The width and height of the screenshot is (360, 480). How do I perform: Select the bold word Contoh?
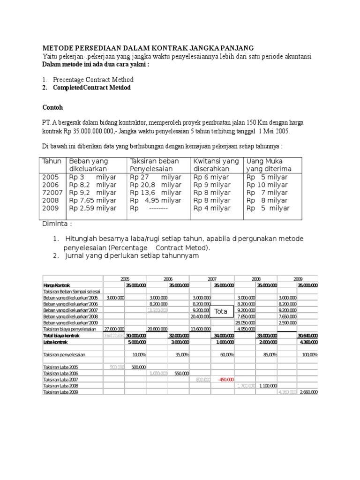[x=52, y=107]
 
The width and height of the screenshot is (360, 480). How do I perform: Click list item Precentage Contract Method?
[x=93, y=80]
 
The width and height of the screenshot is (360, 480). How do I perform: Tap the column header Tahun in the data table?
[x=52, y=161]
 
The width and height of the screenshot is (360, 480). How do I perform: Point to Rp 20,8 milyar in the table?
[x=156, y=185]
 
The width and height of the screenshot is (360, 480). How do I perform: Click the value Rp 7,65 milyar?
[x=93, y=201]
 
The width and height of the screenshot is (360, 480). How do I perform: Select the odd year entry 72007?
[x=52, y=193]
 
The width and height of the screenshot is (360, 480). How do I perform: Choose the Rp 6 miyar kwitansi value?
[x=211, y=177]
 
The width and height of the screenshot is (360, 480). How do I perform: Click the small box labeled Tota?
[x=221, y=311]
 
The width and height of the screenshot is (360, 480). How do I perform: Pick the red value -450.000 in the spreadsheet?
[x=225, y=379]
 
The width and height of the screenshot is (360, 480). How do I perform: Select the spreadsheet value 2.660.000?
[x=308, y=392]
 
